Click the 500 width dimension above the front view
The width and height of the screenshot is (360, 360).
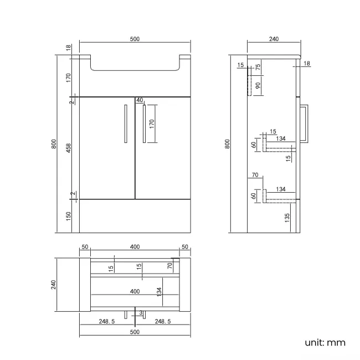pos(135,39)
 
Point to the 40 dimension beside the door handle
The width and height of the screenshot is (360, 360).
pos(139,100)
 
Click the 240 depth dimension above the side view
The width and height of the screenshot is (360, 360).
pos(274,39)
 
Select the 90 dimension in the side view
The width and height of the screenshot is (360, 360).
pos(258,85)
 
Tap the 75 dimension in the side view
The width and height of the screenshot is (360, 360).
pos(258,68)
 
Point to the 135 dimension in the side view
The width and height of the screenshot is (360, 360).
pos(287,218)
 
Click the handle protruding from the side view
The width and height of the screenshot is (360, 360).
pos(305,124)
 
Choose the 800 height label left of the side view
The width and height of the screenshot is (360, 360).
pos(227,144)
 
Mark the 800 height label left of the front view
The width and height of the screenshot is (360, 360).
pos(54,144)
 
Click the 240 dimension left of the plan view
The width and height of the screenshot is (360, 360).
pos(54,285)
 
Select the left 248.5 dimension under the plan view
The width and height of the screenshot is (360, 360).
pos(106,321)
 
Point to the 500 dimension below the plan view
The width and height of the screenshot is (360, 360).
pos(135,332)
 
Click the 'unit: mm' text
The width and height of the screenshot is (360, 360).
pos(325,342)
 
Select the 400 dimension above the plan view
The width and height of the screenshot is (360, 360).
pos(135,247)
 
